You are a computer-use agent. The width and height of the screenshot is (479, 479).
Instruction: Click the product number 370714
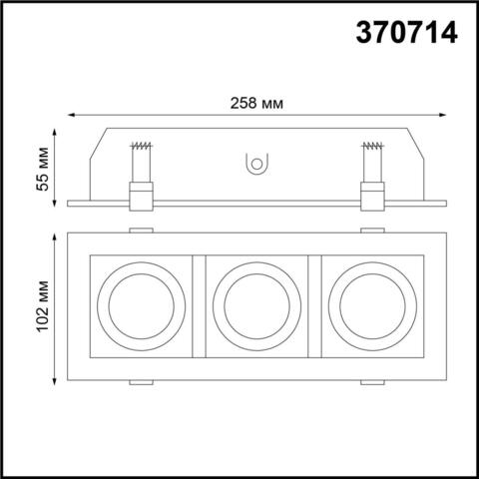(408, 34)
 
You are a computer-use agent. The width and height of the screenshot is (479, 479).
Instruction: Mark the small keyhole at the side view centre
(255, 165)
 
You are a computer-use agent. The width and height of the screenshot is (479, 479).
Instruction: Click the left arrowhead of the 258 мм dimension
(73, 118)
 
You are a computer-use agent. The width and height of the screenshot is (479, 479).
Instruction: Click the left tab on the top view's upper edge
(141, 232)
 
